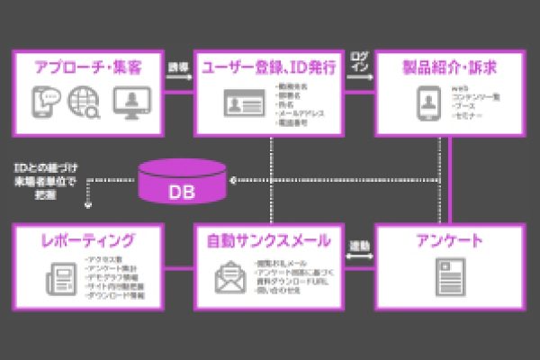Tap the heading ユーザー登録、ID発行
click(x=269, y=67)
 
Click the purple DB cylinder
click(x=181, y=182)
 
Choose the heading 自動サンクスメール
click(x=268, y=240)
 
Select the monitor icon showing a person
click(x=130, y=103)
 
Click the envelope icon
click(x=229, y=276)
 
